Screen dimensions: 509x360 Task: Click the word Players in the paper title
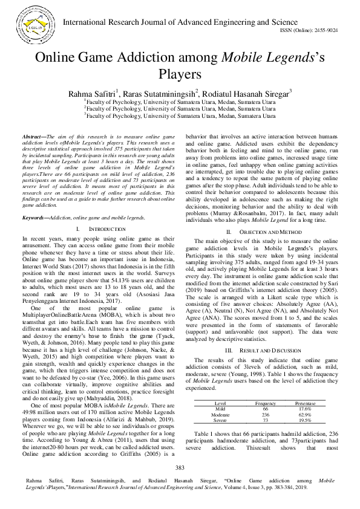179,74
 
